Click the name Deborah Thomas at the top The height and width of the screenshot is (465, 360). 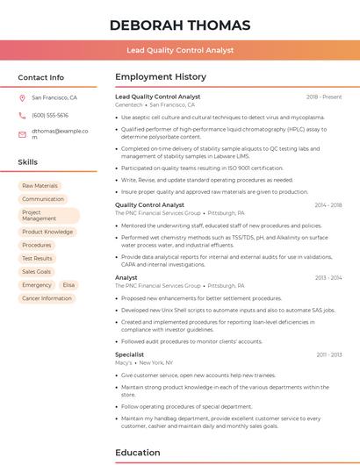[180, 25]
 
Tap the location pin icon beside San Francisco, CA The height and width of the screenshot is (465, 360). [22, 98]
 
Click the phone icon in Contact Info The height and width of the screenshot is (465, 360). [22, 115]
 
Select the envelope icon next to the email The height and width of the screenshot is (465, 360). [22, 134]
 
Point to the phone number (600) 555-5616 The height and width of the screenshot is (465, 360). [50, 115]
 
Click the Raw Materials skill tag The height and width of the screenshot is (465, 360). [40, 186]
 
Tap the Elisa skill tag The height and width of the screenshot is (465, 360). [68, 285]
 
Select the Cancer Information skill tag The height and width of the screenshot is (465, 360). [47, 298]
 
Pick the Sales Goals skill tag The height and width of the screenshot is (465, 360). [37, 272]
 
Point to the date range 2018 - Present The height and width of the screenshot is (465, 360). [324, 97]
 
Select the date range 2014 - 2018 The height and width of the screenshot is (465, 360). [328, 205]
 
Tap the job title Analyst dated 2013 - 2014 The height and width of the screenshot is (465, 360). [126, 277]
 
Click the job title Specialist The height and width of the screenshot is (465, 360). [129, 354]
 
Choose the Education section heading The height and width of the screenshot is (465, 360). [137, 452]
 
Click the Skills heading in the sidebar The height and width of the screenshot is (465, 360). [27, 162]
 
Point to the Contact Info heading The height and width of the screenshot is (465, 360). [40, 77]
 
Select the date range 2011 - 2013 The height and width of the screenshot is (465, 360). [329, 354]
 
